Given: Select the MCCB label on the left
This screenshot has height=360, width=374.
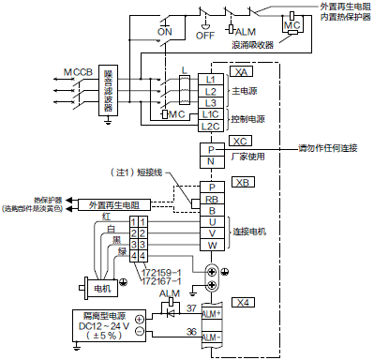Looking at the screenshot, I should (x=78, y=72).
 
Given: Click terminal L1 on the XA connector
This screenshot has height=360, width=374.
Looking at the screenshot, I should (x=211, y=80).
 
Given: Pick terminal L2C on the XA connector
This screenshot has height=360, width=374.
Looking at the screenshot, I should (x=211, y=126).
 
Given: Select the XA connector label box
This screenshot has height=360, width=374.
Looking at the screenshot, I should (x=243, y=72).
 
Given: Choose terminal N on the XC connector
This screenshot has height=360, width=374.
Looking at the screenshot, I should (x=211, y=161).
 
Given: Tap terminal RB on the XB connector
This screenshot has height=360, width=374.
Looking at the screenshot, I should (x=211, y=199).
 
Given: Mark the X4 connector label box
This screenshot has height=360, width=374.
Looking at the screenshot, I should (x=244, y=302).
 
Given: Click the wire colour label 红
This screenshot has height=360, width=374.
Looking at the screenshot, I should (x=108, y=217).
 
